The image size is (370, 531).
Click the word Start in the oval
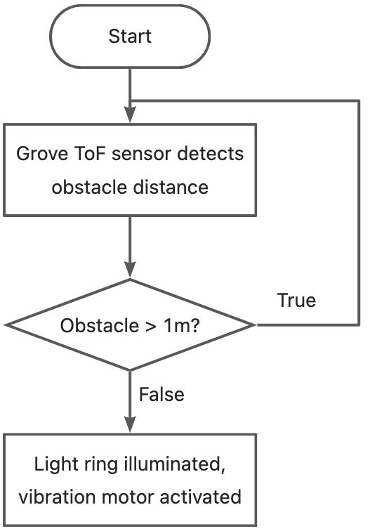[x=130, y=37]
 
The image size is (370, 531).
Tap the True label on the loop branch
[x=296, y=300]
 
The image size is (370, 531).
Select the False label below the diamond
[x=161, y=394]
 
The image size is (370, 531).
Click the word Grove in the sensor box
[x=42, y=153]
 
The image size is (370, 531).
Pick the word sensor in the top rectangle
[x=142, y=154]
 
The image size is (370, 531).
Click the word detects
[x=210, y=153]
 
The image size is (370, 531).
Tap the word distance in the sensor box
[x=171, y=187]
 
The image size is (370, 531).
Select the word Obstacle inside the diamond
[x=100, y=325]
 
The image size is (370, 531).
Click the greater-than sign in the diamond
[x=151, y=326]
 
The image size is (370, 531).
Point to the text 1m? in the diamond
[x=182, y=325]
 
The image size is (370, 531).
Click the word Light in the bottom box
[x=54, y=464]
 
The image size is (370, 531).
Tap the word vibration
[x=57, y=497]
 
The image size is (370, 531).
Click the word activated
[x=200, y=497]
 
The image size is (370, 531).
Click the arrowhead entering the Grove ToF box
[x=130, y=114]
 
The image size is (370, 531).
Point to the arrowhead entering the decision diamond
[x=130, y=270]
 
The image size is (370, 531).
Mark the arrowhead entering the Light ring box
[x=130, y=424]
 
